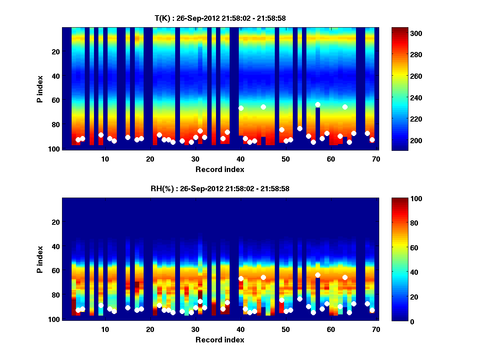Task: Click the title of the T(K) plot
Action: click(220, 18)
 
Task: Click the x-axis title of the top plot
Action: click(220, 169)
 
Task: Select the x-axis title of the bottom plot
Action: click(220, 340)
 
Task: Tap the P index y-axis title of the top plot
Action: click(40, 88)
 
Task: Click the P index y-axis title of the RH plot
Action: click(40, 259)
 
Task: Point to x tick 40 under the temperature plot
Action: click(241, 159)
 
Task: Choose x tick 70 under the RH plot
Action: click(376, 329)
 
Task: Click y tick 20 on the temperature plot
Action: click(55, 52)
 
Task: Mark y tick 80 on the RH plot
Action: click(55, 295)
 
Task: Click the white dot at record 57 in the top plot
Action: click(318, 105)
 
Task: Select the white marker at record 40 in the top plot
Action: click(241, 108)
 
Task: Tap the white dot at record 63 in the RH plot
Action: click(345, 277)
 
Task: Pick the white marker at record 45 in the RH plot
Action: click(263, 277)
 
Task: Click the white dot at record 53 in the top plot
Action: click(300, 128)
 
